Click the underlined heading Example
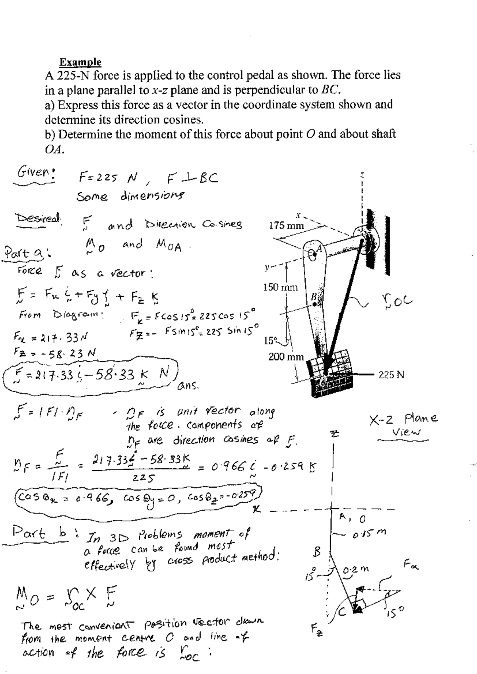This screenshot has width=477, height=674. pos(80,62)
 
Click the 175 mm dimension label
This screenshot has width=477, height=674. pos(286,226)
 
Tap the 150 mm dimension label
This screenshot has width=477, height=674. pos(280,287)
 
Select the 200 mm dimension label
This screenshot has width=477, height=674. pos(286,356)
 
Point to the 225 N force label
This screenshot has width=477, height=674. pos(391,374)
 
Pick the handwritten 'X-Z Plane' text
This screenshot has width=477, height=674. pos(403,418)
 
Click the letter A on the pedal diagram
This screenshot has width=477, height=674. pos(318,249)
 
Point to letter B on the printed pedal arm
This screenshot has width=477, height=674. pos(313,296)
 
